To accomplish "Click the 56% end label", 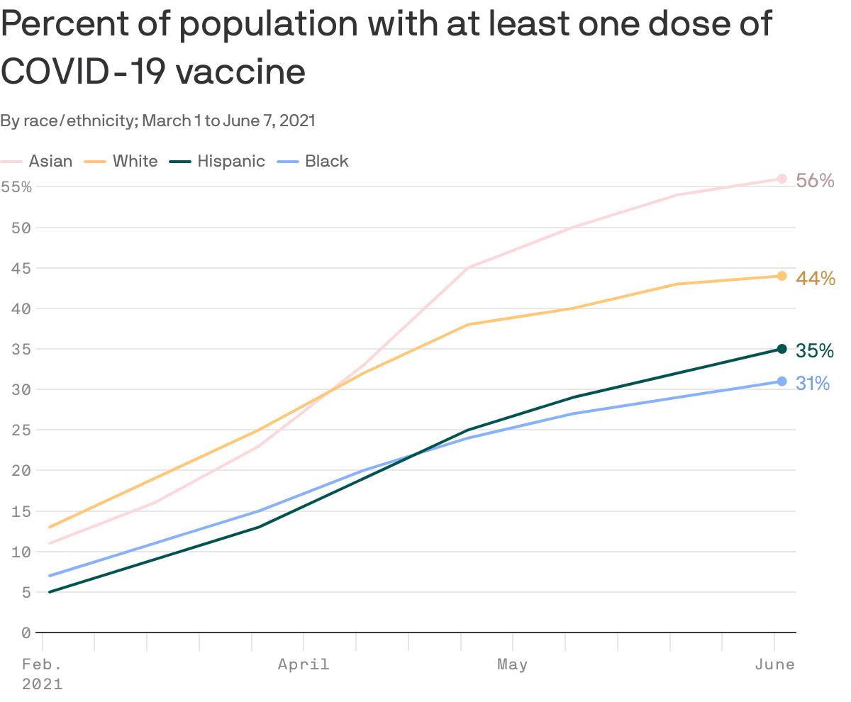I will [815, 181].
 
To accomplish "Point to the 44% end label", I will [815, 279].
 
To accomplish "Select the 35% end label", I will [815, 351].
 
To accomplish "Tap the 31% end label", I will [813, 384].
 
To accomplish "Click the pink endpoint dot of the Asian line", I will [782, 179].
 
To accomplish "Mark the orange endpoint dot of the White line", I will [782, 276].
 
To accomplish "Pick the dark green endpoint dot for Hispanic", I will [782, 349].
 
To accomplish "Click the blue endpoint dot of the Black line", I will [782, 381].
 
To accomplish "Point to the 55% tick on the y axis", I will [16, 187].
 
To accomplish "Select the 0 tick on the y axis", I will [26, 633].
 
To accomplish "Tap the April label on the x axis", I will [304, 664].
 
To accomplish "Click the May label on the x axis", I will [512, 664].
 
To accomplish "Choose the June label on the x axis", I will [774, 664].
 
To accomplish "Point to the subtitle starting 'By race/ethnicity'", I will [157, 121].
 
